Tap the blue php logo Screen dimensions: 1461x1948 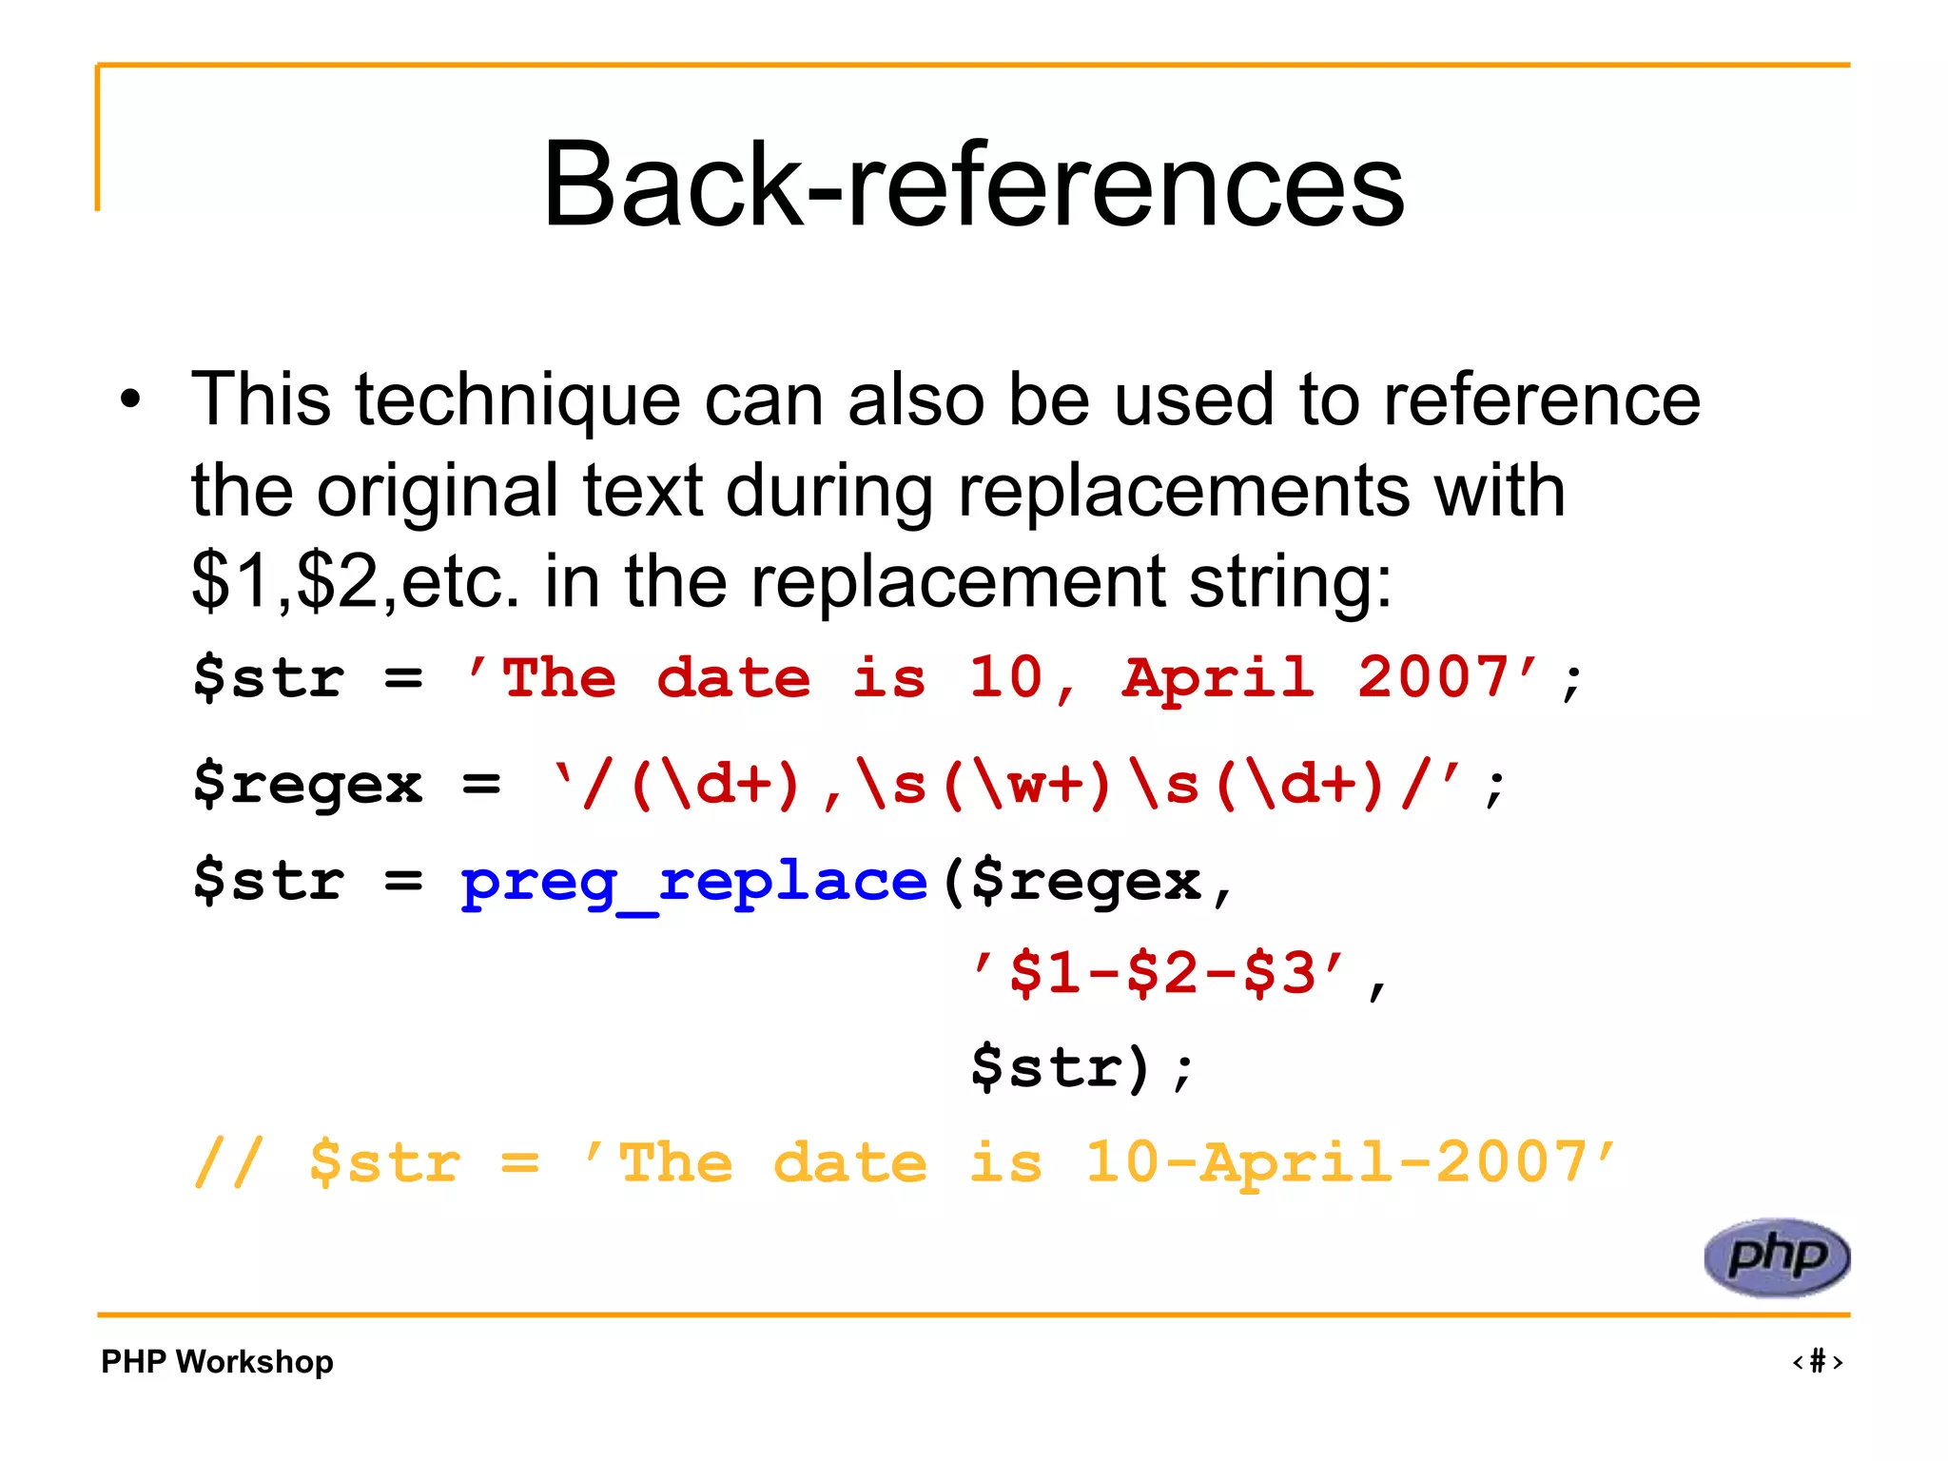(x=1776, y=1257)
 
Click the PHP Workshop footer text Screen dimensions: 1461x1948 (x=217, y=1361)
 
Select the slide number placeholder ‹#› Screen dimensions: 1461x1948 (x=1818, y=1361)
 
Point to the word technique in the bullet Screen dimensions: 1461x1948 (x=517, y=400)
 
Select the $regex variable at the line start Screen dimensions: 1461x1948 (x=307, y=786)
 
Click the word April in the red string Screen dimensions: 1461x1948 (x=1217, y=679)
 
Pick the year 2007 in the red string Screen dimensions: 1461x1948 (x=1433, y=679)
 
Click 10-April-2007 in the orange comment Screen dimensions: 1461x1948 (x=1335, y=1162)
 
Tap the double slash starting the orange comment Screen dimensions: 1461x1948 (x=227, y=1162)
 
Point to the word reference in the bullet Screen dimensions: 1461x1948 (x=1541, y=400)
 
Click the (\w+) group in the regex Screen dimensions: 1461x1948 (x=1027, y=786)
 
